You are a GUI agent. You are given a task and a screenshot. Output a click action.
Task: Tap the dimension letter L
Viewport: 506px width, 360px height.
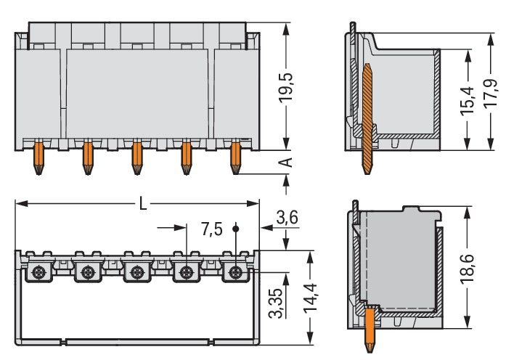pos(143,204)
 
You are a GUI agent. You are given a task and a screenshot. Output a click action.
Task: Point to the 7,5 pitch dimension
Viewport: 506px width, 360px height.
pos(211,230)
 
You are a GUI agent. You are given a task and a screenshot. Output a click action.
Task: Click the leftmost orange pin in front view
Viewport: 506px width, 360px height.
pos(38,157)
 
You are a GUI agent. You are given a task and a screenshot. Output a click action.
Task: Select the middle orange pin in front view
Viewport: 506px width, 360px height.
pos(136,157)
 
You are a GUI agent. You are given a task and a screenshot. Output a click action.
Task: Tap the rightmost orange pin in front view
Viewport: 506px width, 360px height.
pos(235,157)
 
